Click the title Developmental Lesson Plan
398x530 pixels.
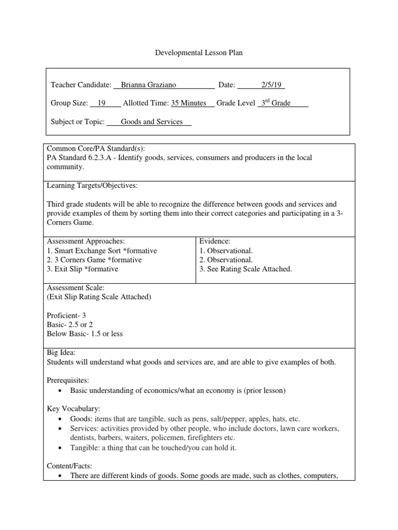coord(199,53)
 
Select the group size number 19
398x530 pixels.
coord(102,104)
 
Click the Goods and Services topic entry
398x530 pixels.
coord(152,122)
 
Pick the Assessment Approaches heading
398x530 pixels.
coord(86,241)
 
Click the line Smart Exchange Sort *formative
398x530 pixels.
coord(102,251)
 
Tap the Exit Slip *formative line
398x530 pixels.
coord(82,269)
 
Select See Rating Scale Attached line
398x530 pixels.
coord(246,269)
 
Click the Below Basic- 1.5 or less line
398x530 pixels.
coord(84,334)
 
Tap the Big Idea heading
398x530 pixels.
coord(61,352)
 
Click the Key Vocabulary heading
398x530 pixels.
coord(73,408)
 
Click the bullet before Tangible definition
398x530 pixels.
coord(61,447)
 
